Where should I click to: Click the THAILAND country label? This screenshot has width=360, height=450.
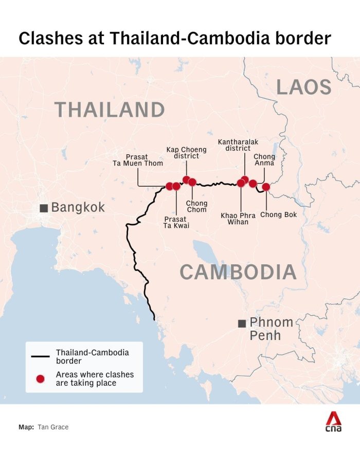pos(110,110)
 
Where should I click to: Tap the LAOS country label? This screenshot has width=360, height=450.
pos(304,87)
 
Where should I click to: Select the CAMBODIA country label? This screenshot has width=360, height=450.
pos(238,272)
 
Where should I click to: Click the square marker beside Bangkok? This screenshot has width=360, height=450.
pos(44,208)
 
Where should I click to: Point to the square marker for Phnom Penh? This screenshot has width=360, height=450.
pos(241,323)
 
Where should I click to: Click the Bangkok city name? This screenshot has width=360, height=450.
pos(78,207)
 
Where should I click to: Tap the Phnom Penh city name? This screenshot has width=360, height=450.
pos(271,329)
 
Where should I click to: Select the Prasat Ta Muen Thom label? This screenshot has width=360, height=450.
pos(138,159)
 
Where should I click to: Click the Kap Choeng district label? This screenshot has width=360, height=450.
pos(186,153)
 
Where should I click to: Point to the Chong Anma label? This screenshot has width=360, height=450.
pos(264,160)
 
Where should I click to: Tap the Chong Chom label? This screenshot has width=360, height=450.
pos(196,206)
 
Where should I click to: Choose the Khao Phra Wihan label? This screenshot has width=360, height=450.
pos(238,219)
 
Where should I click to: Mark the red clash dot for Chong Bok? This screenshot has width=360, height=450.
pos(266,187)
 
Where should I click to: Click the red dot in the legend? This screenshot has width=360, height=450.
pos(40,379)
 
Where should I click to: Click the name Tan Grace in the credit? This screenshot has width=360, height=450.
pos(52,427)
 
